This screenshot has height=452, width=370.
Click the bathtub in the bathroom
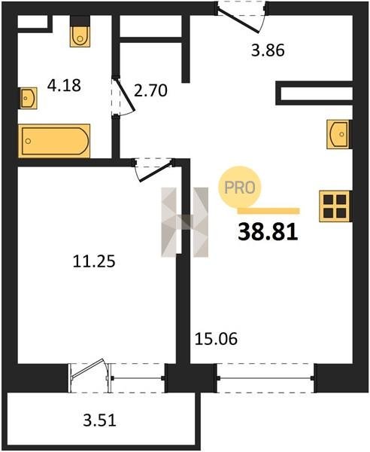point(54,141)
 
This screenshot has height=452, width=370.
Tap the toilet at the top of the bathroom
point(80,32)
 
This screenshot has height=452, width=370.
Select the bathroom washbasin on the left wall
point(28,98)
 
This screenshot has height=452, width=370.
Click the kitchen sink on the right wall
point(339,134)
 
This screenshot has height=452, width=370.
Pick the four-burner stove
point(335,206)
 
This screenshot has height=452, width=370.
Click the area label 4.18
point(64,86)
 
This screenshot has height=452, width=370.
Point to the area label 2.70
point(150,90)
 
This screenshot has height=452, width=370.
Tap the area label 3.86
point(268,50)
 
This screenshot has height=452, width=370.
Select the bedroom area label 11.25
point(94,261)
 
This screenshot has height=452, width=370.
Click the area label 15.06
point(216,339)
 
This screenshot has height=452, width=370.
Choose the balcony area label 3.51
point(99,420)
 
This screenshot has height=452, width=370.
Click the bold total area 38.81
point(268,232)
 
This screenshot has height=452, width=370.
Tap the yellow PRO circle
point(239,188)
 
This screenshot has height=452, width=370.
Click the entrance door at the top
point(241,17)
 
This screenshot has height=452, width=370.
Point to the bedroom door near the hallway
point(154,169)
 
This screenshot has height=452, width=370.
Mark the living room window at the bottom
point(265,378)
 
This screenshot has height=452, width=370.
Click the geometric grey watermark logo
point(185,222)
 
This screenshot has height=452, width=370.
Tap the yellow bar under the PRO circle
point(268,211)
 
